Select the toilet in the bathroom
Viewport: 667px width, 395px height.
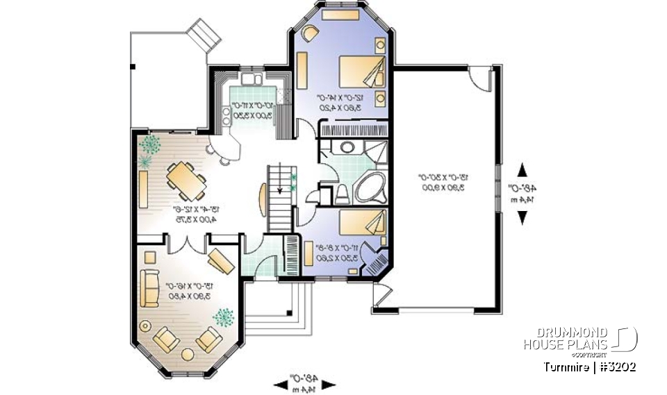342,194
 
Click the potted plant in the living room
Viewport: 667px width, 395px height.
224,318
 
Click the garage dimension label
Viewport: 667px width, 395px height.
444,182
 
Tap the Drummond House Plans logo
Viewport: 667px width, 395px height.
579,339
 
